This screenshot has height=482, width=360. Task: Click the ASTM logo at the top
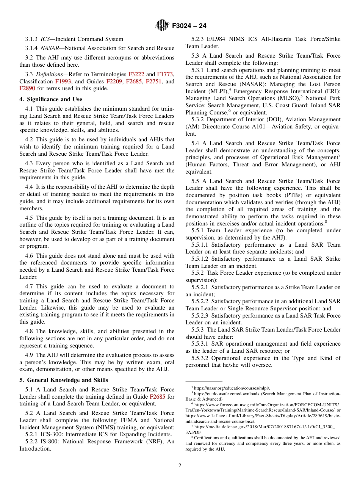click(162, 26)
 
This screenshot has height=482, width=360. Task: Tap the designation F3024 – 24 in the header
click(189, 26)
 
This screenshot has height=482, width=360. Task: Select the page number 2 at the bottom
click(180, 466)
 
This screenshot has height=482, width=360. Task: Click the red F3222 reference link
click(136, 74)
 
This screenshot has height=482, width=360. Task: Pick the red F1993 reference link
click(63, 81)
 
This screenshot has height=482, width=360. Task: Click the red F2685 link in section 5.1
click(157, 397)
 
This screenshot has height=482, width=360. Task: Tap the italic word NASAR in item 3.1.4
click(49, 48)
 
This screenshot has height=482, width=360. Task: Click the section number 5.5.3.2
click(200, 358)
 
